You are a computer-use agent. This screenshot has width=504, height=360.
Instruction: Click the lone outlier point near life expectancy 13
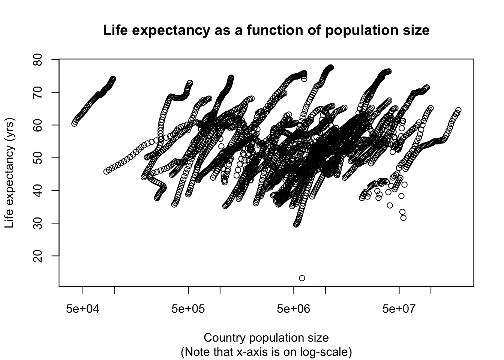pyautogui.click(x=302, y=278)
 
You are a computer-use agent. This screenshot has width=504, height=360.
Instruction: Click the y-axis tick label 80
pyautogui.click(x=38, y=60)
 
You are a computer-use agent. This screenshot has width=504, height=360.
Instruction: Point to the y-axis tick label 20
pyautogui.click(x=38, y=256)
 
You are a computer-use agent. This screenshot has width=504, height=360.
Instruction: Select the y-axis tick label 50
pyautogui.click(x=38, y=158)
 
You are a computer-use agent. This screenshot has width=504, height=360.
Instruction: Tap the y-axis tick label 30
pyautogui.click(x=38, y=223)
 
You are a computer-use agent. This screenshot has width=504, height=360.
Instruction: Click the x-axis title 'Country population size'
pyautogui.click(x=266, y=338)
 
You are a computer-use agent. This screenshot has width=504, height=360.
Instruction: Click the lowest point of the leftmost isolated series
pyautogui.click(x=75, y=123)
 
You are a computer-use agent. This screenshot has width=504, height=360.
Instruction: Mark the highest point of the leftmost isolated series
pyautogui.click(x=113, y=79)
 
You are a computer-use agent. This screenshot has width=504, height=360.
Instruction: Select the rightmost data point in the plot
pyautogui.click(x=458, y=110)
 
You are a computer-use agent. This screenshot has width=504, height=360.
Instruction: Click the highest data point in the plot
pyautogui.click(x=331, y=67)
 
